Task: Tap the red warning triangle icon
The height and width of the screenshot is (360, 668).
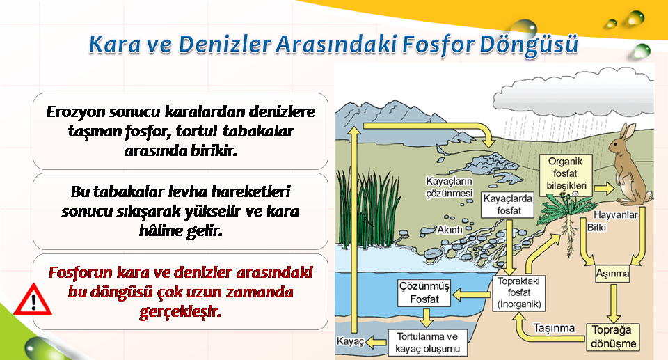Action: coord(33,300)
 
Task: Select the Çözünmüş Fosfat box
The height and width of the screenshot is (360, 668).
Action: coord(424,292)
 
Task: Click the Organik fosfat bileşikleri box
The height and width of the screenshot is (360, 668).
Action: coord(565,174)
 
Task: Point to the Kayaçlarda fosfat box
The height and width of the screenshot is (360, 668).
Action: coord(508,205)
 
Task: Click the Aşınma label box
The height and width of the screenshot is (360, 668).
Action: coord(612,274)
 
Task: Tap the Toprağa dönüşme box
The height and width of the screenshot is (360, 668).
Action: coord(614,337)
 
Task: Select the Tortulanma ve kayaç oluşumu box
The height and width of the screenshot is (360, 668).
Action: coord(427,343)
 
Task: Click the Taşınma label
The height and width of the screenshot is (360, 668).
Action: coord(554,328)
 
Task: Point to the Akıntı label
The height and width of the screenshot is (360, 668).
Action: coord(450,230)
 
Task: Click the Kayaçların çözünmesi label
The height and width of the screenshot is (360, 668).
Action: coord(450,187)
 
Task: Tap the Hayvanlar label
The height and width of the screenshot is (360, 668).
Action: coord(615,214)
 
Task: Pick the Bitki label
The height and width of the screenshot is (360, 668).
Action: coord(596,227)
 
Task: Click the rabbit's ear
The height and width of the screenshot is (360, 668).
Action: coord(627,131)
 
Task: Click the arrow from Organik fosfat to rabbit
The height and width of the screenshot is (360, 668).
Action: coord(604,188)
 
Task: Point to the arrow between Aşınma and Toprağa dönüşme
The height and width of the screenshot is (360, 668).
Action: coord(613,304)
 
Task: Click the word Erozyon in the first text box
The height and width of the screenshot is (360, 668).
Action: coord(74,111)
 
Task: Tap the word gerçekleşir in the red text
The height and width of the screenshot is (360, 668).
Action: coord(180,312)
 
